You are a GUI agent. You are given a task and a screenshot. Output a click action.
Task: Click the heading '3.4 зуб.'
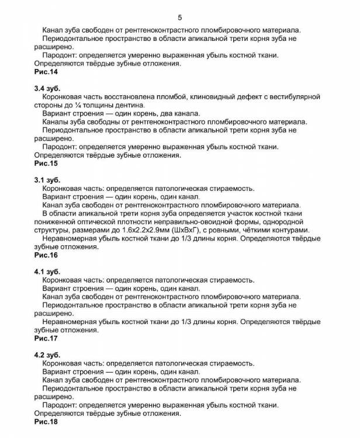pos(47,88)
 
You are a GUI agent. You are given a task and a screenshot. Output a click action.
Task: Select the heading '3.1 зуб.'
pos(47,180)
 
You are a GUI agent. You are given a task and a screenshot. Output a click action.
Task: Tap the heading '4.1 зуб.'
pos(47,272)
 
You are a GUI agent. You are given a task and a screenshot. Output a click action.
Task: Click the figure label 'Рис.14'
pos(46,72)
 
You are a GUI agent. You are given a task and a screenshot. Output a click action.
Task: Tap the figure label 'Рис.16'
pos(46,255)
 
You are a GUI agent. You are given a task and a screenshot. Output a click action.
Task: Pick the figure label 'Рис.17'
pos(46,338)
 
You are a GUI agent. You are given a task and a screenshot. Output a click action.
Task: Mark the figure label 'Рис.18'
pos(46,421)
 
